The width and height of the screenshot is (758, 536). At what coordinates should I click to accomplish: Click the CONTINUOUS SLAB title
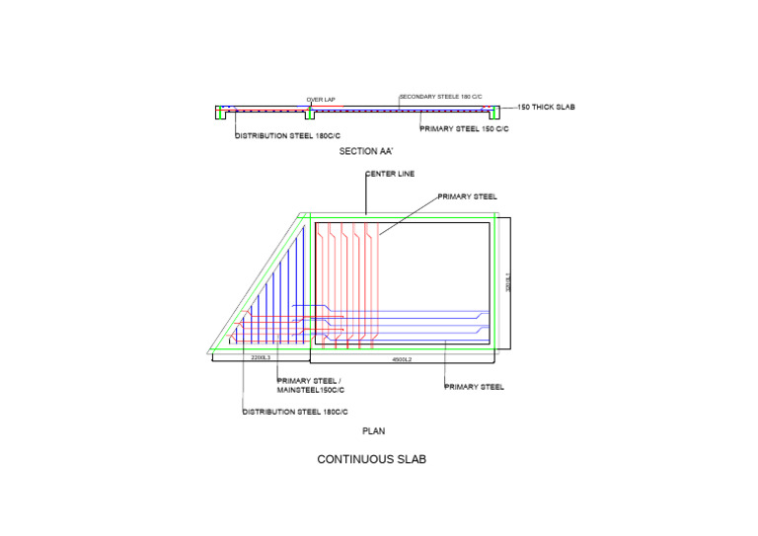pos(371,460)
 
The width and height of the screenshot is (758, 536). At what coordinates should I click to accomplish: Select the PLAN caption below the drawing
pos(373,430)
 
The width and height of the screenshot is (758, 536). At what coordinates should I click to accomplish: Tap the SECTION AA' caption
pos(366,151)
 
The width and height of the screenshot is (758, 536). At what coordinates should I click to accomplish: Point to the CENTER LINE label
pos(390,174)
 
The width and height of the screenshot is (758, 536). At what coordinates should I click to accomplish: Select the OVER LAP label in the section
pos(321,100)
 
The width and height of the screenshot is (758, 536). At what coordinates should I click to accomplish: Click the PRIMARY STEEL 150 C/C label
pos(464,129)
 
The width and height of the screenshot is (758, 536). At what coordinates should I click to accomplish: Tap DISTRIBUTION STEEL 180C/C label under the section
pos(287,135)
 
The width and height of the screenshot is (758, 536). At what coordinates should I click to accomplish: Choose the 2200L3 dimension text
pos(262,356)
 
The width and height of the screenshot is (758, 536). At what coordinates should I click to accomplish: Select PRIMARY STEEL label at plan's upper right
pos(468,196)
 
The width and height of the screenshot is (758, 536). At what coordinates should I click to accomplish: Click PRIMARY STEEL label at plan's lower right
pos(475,387)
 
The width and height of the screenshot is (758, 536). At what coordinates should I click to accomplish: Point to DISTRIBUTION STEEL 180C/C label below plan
pos(295,412)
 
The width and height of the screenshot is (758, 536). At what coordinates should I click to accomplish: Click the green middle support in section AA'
pos(309,113)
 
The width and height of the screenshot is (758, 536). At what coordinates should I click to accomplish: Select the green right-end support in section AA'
pos(494,113)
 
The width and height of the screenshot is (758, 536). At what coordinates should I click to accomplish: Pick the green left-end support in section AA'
pos(221,113)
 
